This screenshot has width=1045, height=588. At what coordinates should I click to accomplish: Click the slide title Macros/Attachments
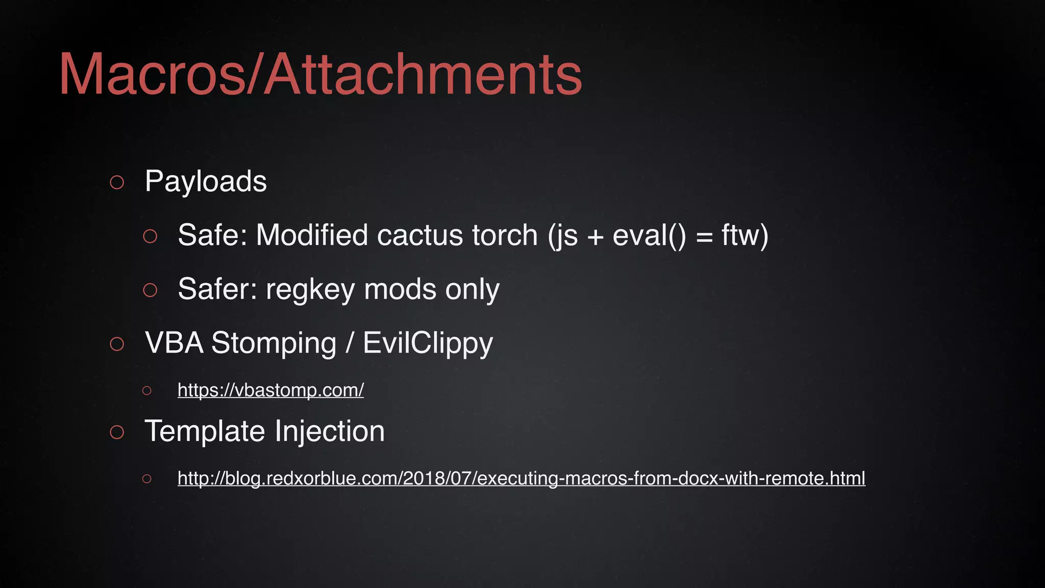pyautogui.click(x=320, y=75)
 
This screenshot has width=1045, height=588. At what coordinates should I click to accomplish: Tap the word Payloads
pyautogui.click(x=206, y=181)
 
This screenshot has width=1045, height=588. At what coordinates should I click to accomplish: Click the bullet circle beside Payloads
pyautogui.click(x=117, y=182)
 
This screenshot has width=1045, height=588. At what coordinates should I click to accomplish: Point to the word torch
pyautogui.click(x=505, y=235)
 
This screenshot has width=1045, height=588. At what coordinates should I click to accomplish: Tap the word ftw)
pyautogui.click(x=744, y=235)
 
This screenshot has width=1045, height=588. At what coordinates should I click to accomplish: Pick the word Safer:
pyautogui.click(x=217, y=289)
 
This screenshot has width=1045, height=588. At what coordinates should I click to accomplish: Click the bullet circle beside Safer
pyautogui.click(x=150, y=290)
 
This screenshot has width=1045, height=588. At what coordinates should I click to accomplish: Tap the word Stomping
pyautogui.click(x=274, y=343)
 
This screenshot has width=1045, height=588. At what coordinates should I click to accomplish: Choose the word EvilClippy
pyautogui.click(x=428, y=343)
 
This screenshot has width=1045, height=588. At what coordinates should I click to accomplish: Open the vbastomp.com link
pyautogui.click(x=270, y=390)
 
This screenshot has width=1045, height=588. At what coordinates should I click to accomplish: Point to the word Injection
pyautogui.click(x=330, y=431)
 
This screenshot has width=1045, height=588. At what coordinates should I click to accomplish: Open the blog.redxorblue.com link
pyautogui.click(x=521, y=478)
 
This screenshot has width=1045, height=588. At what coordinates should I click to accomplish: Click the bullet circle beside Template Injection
pyautogui.click(x=117, y=432)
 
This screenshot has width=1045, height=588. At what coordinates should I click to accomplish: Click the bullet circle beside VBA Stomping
pyautogui.click(x=117, y=344)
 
